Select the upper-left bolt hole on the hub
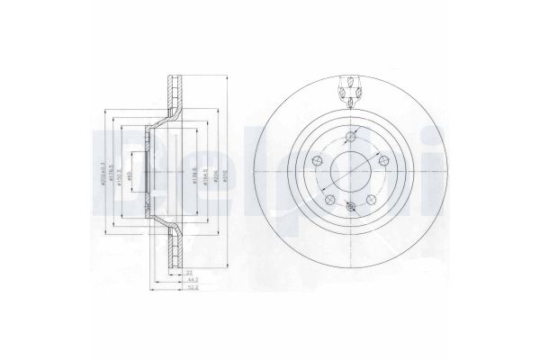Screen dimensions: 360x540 (317, 160)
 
